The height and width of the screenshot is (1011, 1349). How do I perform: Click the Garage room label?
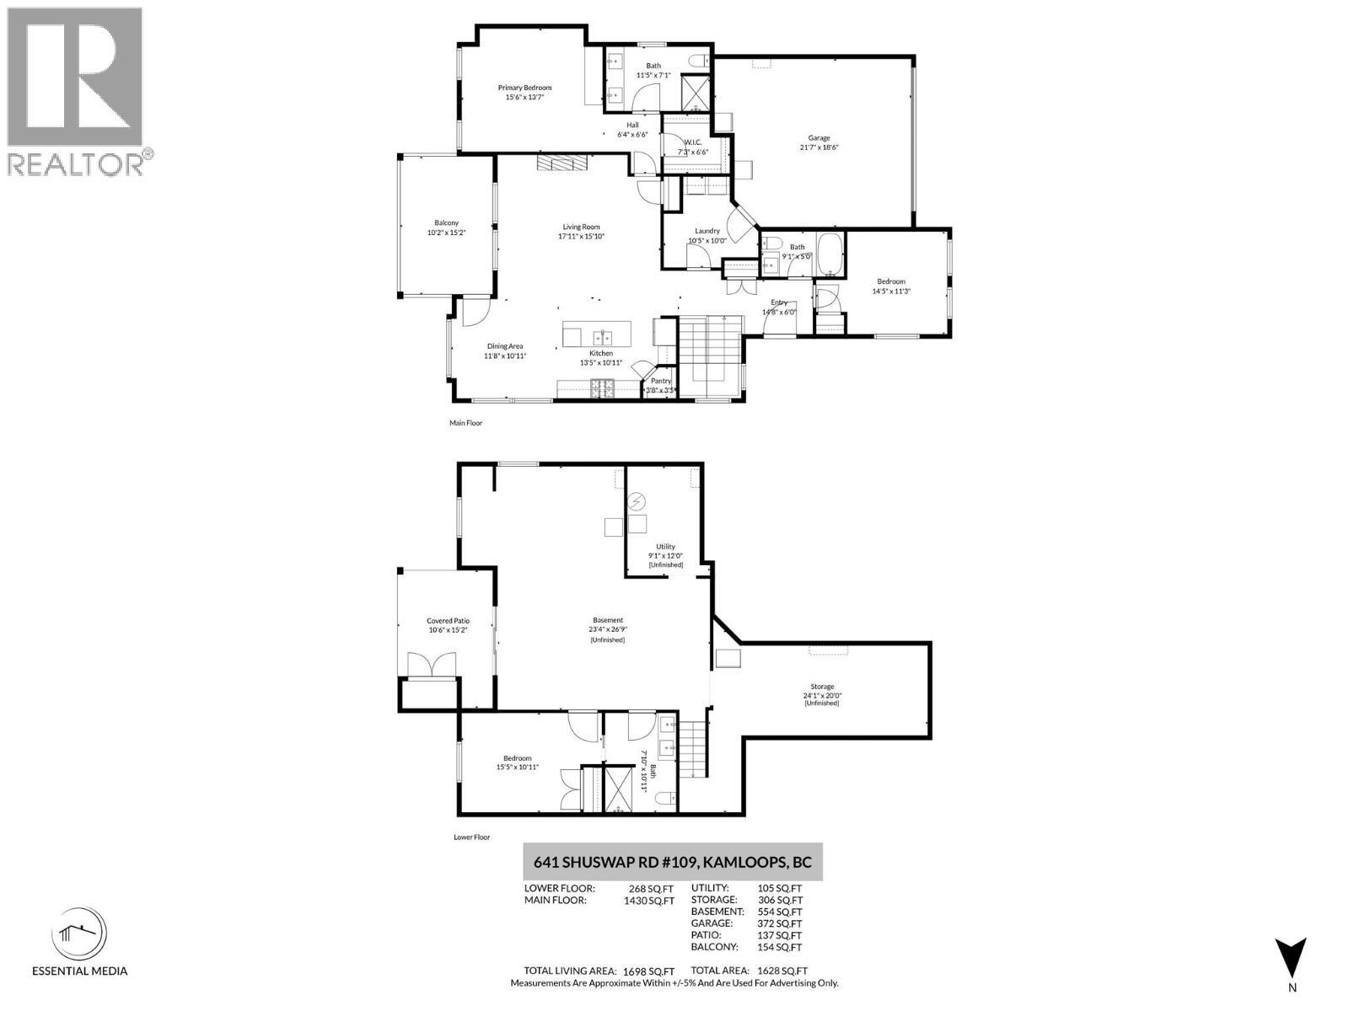click(819, 138)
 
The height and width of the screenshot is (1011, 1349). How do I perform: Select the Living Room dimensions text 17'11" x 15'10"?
click(581, 237)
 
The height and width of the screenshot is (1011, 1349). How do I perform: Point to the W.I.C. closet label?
click(693, 142)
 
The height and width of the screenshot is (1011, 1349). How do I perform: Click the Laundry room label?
click(707, 231)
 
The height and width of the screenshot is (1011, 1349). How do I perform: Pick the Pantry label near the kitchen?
click(661, 381)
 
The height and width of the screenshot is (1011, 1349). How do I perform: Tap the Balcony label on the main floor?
click(446, 222)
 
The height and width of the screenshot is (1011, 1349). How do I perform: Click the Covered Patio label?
click(448, 621)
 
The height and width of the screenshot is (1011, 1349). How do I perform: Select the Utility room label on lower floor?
click(665, 547)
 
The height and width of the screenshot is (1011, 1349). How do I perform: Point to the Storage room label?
click(822, 687)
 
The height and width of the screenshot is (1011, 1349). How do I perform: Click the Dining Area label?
click(505, 346)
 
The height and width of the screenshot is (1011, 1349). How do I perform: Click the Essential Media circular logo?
click(80, 933)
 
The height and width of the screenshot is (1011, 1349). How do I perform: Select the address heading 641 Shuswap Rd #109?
click(672, 863)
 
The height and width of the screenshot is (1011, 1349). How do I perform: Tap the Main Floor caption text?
click(465, 423)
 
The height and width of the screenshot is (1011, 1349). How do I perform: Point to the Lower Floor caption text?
click(471, 837)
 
